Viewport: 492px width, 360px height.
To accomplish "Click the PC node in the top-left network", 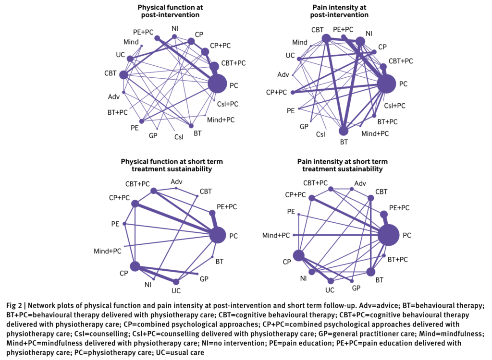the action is pos(217,84).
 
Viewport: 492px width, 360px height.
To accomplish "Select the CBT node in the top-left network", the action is pos(123,75).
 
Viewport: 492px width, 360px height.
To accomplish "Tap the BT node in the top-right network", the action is pos(344,131).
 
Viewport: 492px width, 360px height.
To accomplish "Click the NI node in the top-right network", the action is pos(360,41).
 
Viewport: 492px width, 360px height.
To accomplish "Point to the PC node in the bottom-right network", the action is pos(388,235).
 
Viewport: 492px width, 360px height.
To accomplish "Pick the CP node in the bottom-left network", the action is pos(135,266).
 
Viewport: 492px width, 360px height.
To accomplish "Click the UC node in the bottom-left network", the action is pos(176,282).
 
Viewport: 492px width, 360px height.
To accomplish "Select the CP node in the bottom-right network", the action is pos(298,255).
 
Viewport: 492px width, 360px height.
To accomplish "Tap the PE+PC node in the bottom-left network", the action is pos(212,213).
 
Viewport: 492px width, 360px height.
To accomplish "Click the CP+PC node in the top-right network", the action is pos(293,93).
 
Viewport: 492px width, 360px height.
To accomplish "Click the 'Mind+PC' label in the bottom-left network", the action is pos(107,251).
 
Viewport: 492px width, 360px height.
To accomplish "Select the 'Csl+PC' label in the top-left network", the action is pos(228,104).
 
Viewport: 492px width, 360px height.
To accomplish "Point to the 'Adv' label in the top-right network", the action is pos(283,74).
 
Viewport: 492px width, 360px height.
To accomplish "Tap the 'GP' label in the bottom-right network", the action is pos(356,288).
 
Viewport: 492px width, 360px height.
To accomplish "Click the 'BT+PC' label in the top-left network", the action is pos(118,112).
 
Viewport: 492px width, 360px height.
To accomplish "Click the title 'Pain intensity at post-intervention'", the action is pos(339,11).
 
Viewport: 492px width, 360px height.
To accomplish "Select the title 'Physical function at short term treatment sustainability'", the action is pos(172,165).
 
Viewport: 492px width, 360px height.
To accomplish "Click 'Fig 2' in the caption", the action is pos(14,306).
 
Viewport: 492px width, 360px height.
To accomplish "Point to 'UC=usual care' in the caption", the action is pos(180,353).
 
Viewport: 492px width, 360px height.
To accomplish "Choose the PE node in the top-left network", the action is pos(142,121).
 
